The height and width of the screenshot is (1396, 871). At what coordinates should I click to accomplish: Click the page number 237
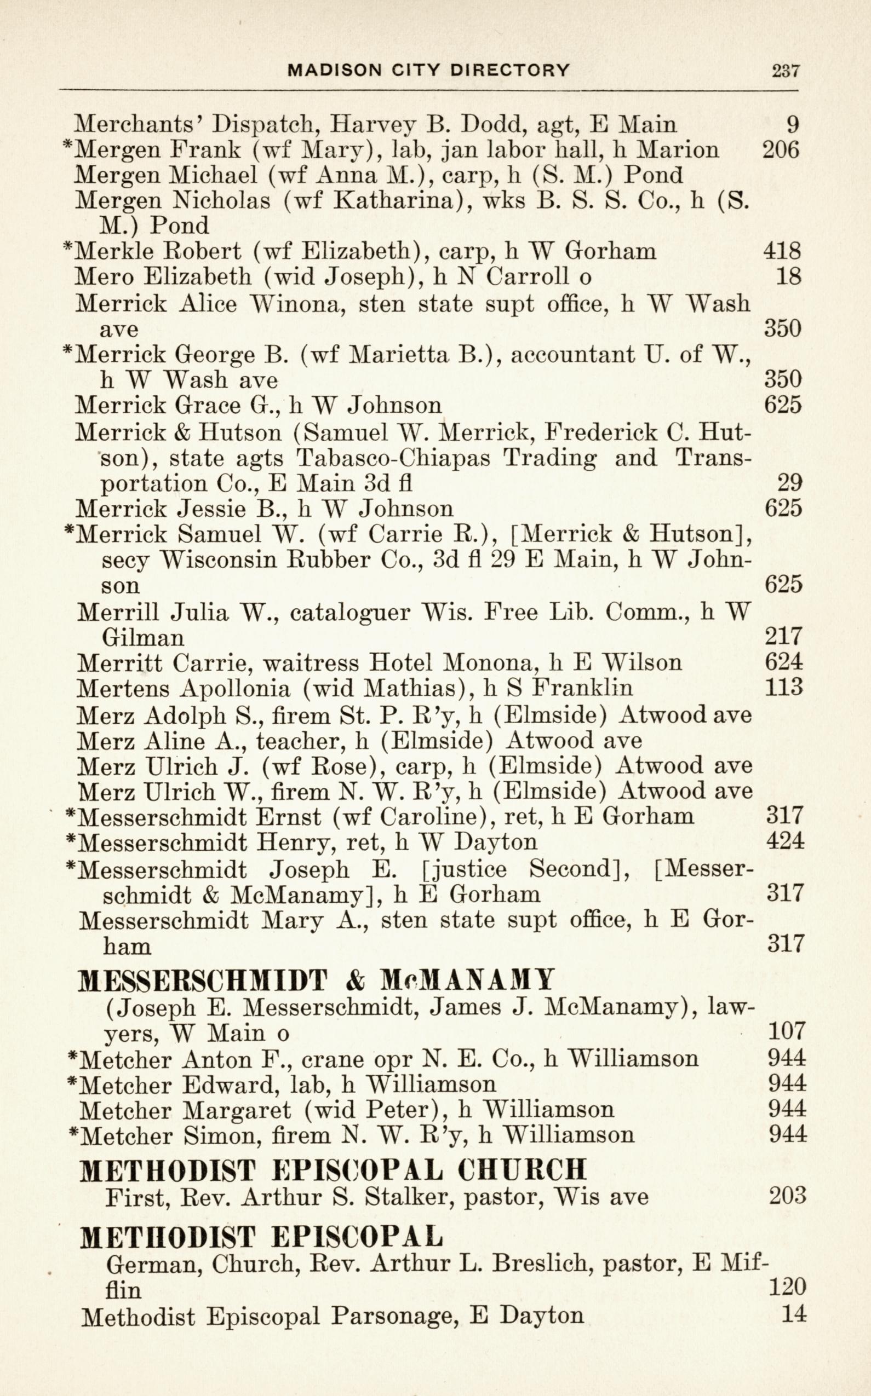tap(785, 71)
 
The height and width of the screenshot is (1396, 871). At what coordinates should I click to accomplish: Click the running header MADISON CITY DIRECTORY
tap(428, 70)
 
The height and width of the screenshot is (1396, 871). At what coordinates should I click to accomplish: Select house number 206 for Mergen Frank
tap(781, 149)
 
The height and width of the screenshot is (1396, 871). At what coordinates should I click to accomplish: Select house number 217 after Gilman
tap(783, 637)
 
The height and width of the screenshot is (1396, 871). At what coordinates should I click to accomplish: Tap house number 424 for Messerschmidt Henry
tap(785, 841)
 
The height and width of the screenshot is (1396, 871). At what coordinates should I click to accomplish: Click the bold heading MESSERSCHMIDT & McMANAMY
tap(316, 980)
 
